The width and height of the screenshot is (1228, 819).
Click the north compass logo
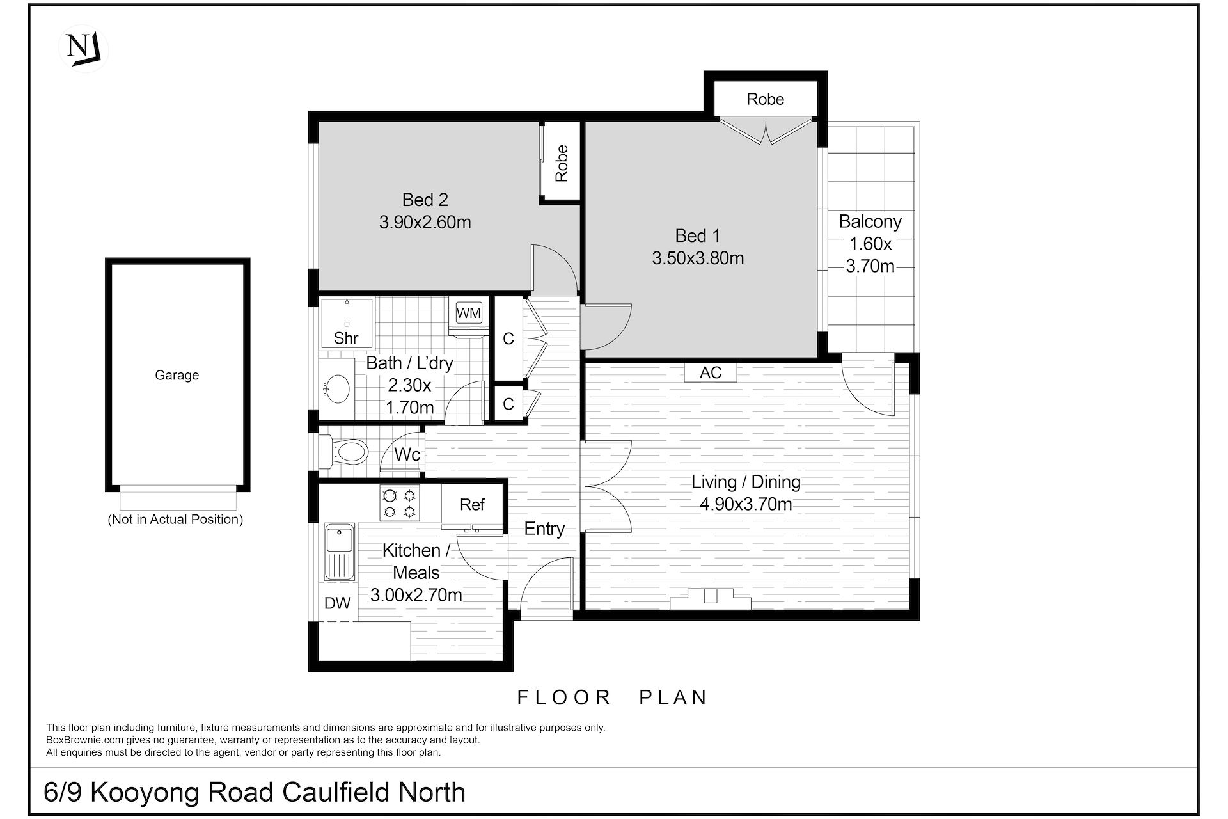point(84,49)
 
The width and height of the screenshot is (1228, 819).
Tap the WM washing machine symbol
point(468,314)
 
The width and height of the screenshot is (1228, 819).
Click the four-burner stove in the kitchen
point(400,503)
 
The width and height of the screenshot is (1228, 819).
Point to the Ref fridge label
point(472,505)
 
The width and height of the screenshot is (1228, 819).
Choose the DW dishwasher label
point(338,603)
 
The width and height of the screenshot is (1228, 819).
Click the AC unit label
point(711,372)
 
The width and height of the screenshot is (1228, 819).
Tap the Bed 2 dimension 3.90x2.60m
point(425,223)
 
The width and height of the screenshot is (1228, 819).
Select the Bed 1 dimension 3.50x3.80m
point(698,258)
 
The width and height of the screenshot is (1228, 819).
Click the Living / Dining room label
point(746,482)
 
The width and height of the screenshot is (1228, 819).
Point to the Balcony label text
point(870,222)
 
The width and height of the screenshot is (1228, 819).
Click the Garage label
point(177,376)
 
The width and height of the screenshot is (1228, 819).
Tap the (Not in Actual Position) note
point(176,520)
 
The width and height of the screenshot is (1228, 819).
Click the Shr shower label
point(346,338)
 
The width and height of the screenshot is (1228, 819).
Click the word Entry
point(544,529)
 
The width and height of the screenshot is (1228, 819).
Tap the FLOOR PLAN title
point(612,697)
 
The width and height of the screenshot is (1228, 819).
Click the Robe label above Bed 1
point(766,99)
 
